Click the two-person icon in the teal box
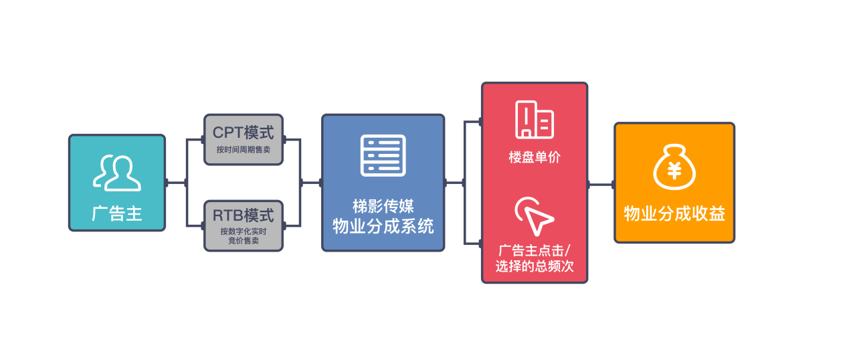(x=117, y=173)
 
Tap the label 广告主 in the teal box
(x=117, y=213)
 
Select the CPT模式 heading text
(x=243, y=132)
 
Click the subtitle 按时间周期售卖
(x=243, y=150)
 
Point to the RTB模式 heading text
(x=243, y=215)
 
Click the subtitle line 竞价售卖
(x=244, y=240)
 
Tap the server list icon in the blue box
(x=383, y=155)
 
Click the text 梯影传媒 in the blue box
(x=383, y=207)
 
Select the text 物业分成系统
(x=383, y=227)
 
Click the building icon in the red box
(x=535, y=120)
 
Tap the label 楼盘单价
(x=535, y=157)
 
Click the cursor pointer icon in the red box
(x=535, y=216)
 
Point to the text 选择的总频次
(x=535, y=266)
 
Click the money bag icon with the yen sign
(x=674, y=167)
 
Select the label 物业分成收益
(x=674, y=213)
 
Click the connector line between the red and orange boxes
(x=601, y=185)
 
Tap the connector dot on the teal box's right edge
(x=166, y=183)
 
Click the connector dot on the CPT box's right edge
(x=284, y=140)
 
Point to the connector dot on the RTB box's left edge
(x=203, y=226)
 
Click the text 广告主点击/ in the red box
(x=535, y=250)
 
